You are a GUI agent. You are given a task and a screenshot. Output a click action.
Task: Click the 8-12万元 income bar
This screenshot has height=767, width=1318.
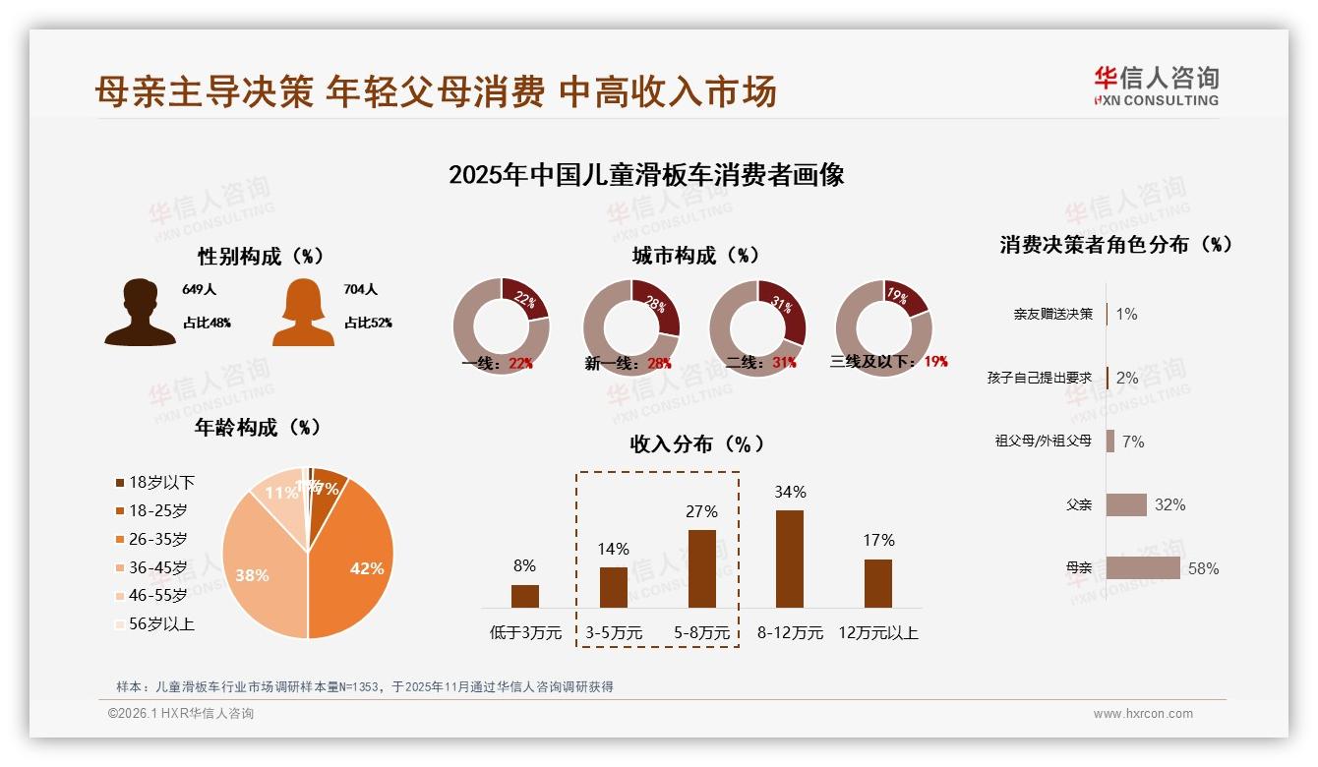pos(789,559)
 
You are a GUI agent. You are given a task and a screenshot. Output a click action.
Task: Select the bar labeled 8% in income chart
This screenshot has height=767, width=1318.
pos(525,596)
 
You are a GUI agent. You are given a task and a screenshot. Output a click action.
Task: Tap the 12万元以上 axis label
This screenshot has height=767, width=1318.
pos(877,633)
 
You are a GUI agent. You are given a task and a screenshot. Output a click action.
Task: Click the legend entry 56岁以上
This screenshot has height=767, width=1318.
pos(154,623)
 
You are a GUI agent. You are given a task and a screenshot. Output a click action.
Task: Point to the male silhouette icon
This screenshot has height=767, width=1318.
pos(140,313)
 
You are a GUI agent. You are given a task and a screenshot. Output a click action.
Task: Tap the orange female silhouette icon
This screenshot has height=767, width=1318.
pos(303,313)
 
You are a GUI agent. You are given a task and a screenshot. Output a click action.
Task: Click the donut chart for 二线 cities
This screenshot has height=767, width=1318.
pos(757,328)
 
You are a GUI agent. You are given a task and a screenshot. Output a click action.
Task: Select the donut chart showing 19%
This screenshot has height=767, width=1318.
pos(883,328)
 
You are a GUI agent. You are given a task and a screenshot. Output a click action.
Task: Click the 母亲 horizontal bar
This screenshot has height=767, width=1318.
pos(1143,567)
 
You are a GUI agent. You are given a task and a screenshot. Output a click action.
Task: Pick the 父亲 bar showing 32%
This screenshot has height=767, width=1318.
pos(1126,504)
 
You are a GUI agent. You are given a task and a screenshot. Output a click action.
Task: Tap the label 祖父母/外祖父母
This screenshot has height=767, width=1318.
pos(1043,442)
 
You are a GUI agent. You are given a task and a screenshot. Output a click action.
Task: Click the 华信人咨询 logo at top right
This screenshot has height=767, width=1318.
pos(1156,86)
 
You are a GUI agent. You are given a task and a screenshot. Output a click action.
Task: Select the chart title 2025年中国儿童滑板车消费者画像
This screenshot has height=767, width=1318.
pos(646,176)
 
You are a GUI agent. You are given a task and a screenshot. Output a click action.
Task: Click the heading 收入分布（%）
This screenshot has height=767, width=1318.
pos(696,444)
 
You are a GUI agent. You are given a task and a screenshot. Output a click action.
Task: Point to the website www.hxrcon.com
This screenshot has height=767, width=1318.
pos(1143,714)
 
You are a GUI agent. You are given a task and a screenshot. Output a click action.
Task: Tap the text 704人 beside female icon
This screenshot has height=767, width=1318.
pos(361,290)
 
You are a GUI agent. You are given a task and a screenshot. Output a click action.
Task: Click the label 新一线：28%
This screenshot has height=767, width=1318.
pos(628,363)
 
